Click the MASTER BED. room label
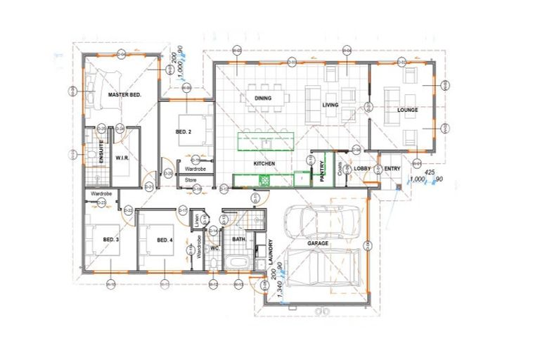(x=125, y=94)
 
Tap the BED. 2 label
(x=183, y=132)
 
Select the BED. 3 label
(x=111, y=240)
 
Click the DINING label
(x=263, y=98)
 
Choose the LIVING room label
(x=330, y=105)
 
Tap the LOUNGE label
(x=407, y=110)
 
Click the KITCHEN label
(x=264, y=164)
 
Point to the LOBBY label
(x=362, y=169)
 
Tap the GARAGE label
(x=318, y=243)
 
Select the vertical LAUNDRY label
(x=270, y=252)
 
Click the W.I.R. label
(x=120, y=157)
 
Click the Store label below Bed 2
(x=191, y=181)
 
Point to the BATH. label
(x=239, y=239)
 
